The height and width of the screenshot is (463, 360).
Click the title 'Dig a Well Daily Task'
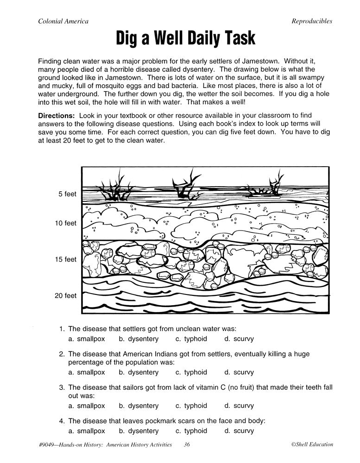(x=185, y=38)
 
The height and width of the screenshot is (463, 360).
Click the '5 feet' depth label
(x=67, y=194)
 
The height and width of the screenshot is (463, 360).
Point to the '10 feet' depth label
(x=65, y=223)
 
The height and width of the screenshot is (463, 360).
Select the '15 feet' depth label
(x=65, y=259)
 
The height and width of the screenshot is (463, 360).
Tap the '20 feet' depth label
(x=65, y=295)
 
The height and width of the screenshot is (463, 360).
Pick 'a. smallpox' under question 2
(x=87, y=372)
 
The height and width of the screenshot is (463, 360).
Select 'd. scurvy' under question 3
(x=239, y=406)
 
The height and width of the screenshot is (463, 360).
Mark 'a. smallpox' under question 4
(x=87, y=431)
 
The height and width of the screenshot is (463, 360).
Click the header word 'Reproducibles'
(x=312, y=21)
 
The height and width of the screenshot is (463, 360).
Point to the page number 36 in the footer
(x=187, y=445)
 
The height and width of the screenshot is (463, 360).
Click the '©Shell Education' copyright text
(x=312, y=445)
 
